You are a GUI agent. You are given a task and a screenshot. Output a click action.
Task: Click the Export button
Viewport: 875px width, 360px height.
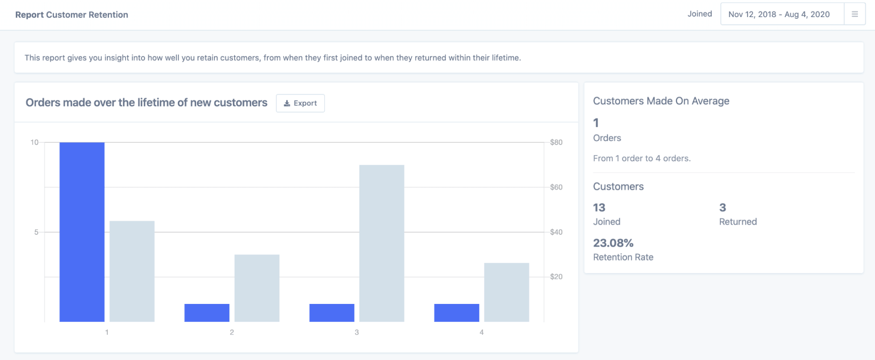(300, 103)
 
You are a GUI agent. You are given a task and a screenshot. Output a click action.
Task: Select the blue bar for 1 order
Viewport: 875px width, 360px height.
(82, 232)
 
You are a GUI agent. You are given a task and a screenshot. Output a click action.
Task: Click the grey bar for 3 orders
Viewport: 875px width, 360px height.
(382, 244)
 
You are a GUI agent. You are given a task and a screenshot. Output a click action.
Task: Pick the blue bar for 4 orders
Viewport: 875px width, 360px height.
(457, 313)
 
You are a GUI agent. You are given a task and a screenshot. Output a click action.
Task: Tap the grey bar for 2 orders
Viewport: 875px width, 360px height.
(257, 288)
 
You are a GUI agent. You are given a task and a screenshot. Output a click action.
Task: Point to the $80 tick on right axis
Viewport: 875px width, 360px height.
(556, 142)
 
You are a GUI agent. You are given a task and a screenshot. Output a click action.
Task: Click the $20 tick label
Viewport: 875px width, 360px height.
(556, 277)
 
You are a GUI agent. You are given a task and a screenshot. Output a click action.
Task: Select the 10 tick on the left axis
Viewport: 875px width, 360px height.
(35, 142)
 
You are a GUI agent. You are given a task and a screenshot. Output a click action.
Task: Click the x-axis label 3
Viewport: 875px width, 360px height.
(357, 332)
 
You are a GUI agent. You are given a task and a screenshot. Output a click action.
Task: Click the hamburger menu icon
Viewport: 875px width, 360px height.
(854, 14)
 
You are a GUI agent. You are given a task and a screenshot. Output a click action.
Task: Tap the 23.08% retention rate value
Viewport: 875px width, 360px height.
(613, 243)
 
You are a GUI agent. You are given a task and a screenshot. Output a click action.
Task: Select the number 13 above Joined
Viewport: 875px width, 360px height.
(599, 208)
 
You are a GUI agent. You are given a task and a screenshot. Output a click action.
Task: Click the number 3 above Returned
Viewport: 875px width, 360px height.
(723, 208)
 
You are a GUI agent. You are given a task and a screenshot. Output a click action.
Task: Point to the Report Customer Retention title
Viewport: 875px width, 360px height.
(72, 15)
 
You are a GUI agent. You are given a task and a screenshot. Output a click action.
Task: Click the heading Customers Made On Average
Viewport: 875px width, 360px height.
(661, 101)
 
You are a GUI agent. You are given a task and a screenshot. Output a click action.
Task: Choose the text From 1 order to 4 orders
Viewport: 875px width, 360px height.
(642, 159)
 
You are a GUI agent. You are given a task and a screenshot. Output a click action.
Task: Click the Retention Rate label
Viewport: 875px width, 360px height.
(623, 258)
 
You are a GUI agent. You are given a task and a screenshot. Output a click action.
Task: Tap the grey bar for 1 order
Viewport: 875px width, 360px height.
(132, 272)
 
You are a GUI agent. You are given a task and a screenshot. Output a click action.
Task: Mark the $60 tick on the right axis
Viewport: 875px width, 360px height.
(556, 187)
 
